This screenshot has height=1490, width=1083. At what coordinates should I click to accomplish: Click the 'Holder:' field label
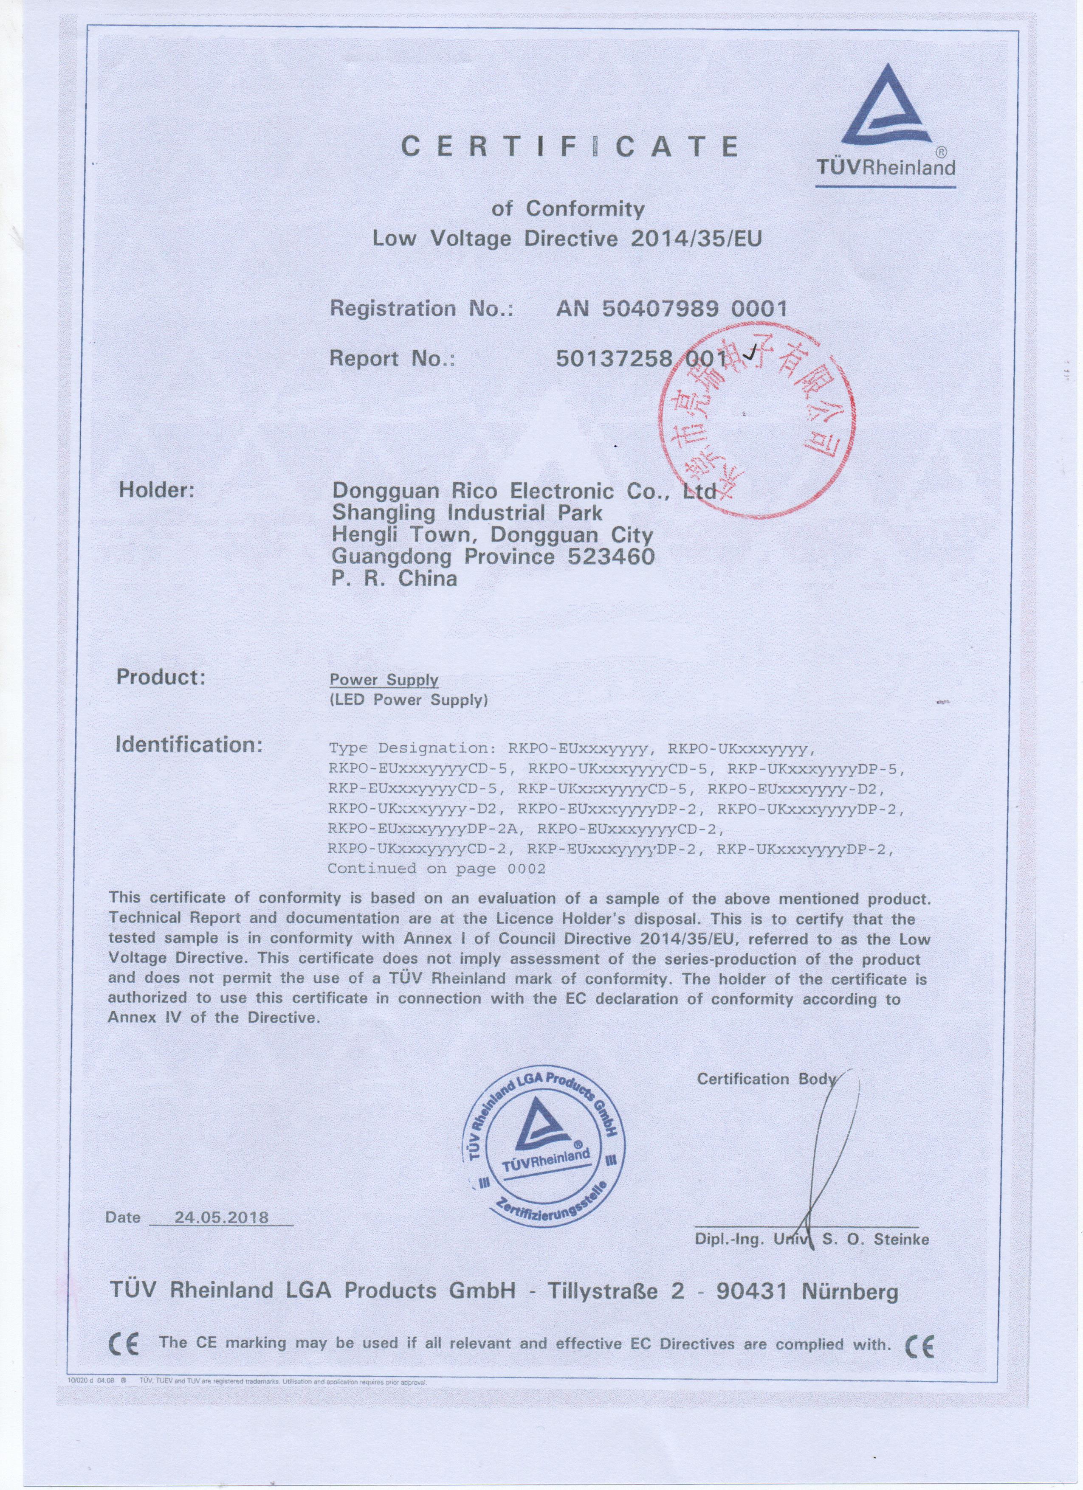pyautogui.click(x=156, y=490)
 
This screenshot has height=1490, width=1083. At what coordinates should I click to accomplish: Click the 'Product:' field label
pyautogui.click(x=161, y=678)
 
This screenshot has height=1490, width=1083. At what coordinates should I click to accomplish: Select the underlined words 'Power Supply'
pyautogui.click(x=384, y=680)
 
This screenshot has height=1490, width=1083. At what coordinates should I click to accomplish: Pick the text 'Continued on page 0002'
pyautogui.click(x=436, y=869)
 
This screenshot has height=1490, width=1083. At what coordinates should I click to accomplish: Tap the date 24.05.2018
pyautogui.click(x=222, y=1217)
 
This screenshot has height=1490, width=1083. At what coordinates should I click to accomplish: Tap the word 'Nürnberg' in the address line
pyautogui.click(x=850, y=1292)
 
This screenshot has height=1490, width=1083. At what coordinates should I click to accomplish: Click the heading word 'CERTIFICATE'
pyautogui.click(x=569, y=146)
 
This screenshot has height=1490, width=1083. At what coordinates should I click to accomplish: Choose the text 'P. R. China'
pyautogui.click(x=394, y=579)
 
